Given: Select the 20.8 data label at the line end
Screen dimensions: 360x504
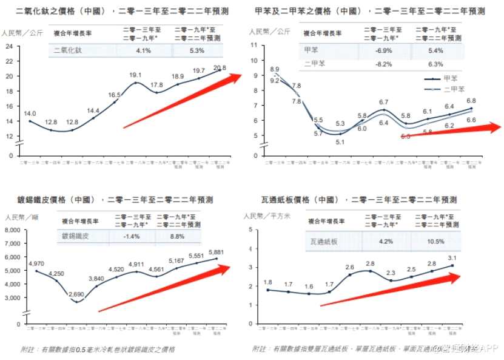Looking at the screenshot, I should pos(220,68).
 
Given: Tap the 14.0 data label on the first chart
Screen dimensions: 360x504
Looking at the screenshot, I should pos(30,114).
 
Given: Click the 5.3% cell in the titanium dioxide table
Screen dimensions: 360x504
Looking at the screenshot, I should pos(197,50).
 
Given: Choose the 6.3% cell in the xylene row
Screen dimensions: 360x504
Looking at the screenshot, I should pos(435,63).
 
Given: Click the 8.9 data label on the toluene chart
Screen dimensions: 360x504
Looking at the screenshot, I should pos(275,69).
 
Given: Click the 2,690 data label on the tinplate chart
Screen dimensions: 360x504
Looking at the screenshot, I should pos(76,294).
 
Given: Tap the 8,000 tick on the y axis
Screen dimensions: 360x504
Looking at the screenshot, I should pos(13,229).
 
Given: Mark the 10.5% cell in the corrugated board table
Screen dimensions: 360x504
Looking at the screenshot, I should pos(435,241).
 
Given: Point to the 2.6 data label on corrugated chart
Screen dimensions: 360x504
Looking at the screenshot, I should pos(350,267).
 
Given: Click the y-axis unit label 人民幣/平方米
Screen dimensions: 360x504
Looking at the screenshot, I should pos(266,216).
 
